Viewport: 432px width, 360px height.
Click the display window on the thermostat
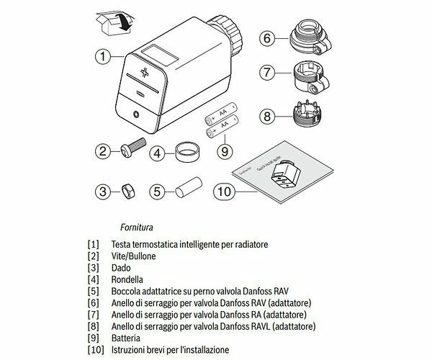tap(158, 54)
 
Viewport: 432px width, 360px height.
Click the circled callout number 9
tap(225, 151)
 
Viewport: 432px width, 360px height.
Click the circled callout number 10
tap(225, 192)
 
